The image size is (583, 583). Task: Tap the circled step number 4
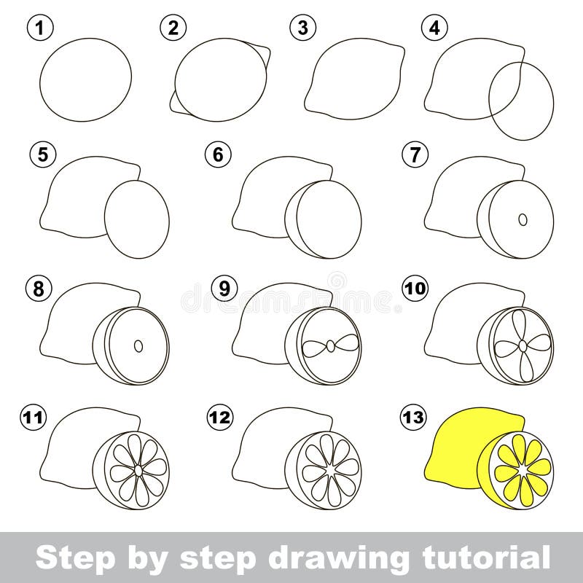pos(434,28)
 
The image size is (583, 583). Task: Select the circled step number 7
pos(414,155)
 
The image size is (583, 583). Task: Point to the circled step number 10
pos(414,289)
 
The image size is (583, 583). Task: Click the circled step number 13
pos(414,418)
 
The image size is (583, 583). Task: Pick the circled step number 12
pos(219,418)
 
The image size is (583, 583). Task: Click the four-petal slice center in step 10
pos(520,345)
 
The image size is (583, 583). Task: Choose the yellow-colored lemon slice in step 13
pos(523,470)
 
